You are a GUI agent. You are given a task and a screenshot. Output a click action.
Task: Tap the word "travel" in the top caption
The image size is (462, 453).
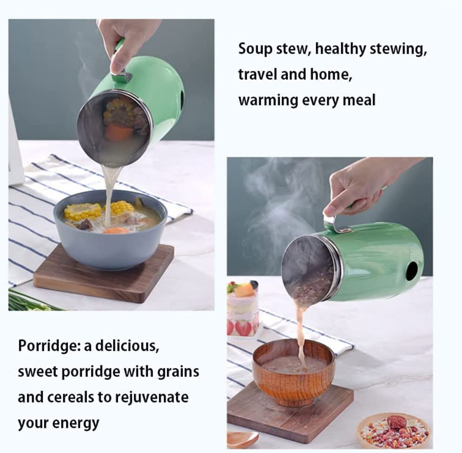[x=257, y=74]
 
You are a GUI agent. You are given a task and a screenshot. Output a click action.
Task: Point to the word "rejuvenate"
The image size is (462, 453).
[x=152, y=397]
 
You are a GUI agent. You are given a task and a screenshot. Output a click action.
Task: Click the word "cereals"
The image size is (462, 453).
[x=71, y=397]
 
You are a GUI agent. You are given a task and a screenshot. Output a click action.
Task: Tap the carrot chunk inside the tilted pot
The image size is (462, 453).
[x=118, y=131]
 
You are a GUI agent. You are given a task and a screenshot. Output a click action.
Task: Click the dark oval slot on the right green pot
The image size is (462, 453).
[x=412, y=271]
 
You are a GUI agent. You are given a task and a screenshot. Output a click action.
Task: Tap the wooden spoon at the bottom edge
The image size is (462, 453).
[x=243, y=440]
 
